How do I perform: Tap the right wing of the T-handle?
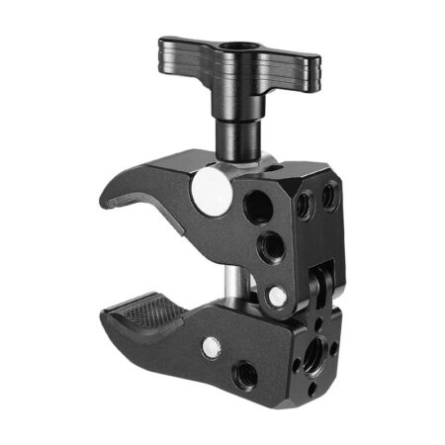tap(295, 65)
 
